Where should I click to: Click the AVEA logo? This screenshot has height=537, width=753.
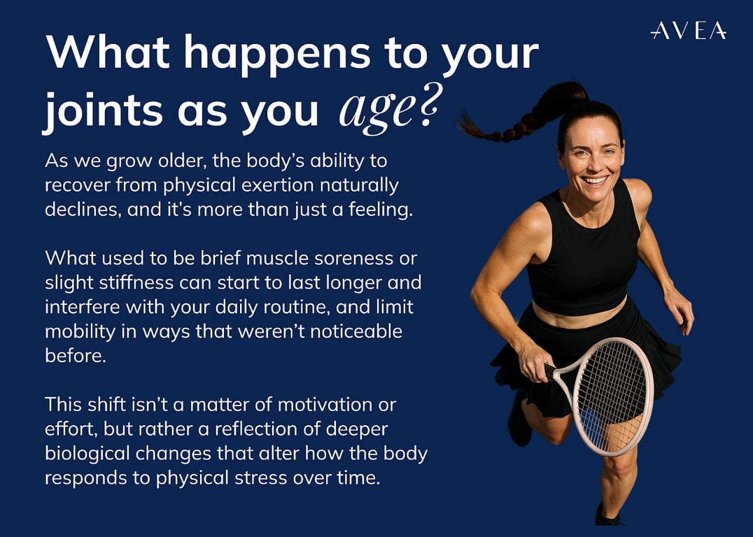688,30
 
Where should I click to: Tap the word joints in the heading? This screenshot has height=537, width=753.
102,109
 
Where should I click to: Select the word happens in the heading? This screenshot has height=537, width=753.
277,54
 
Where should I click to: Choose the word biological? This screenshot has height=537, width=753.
87,454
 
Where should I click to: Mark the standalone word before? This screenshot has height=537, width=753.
76,356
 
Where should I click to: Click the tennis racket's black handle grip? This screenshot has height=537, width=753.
551,370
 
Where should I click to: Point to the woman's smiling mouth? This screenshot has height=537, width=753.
595,180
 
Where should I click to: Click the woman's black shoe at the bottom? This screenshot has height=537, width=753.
607,515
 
